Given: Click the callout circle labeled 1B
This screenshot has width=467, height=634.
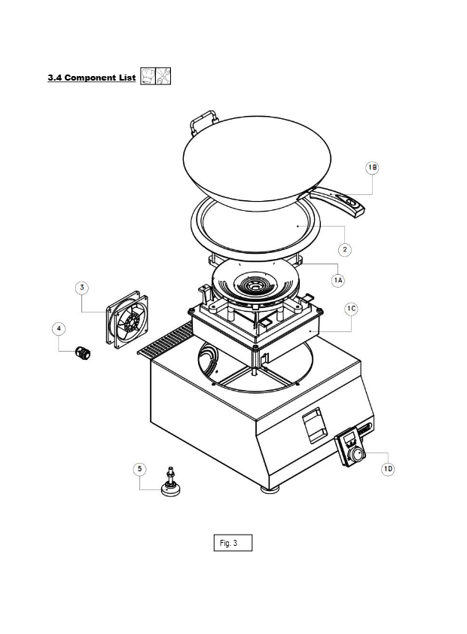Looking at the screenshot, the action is click(x=372, y=167).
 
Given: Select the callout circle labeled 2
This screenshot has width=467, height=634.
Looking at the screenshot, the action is click(x=344, y=249).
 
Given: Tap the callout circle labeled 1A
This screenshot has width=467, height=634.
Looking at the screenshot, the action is click(x=337, y=280).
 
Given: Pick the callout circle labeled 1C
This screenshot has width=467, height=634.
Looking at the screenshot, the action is click(x=351, y=309).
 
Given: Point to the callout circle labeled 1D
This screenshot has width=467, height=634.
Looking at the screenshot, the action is click(x=388, y=469).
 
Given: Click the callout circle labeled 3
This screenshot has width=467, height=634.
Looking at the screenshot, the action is click(x=82, y=288).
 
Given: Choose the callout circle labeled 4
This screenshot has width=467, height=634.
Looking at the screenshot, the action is click(x=59, y=329).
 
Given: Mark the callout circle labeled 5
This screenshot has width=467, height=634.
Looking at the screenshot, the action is click(x=140, y=469).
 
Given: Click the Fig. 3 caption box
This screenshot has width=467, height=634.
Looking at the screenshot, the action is click(x=233, y=543).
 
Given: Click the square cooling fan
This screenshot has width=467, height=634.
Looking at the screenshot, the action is click(x=127, y=319).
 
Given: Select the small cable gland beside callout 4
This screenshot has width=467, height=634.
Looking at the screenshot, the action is click(x=83, y=353).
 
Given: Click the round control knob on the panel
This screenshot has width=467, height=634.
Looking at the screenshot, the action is click(x=358, y=455).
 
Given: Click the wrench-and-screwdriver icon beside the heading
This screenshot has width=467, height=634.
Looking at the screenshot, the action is click(x=163, y=76).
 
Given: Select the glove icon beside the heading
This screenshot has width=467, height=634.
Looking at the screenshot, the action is click(x=148, y=76).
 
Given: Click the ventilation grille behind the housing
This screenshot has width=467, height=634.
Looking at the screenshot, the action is click(x=166, y=338).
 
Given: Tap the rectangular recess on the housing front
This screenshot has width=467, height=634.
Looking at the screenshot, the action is click(x=314, y=425).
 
